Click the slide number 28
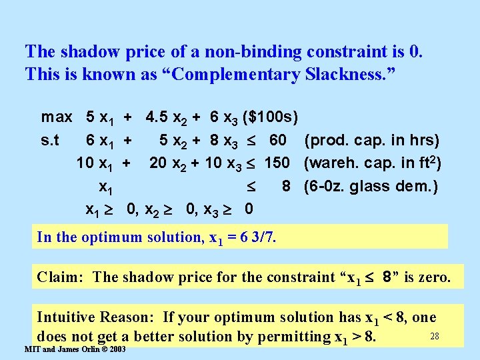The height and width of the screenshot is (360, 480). point(434,337)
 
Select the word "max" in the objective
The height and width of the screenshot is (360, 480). point(57,117)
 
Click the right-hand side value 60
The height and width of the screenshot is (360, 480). point(278,141)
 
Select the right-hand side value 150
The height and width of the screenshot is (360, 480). point(277,163)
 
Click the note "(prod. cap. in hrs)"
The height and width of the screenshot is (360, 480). point(371,141)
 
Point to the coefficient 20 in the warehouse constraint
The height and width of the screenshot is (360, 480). point(158,163)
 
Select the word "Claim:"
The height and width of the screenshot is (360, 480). point(61,277)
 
